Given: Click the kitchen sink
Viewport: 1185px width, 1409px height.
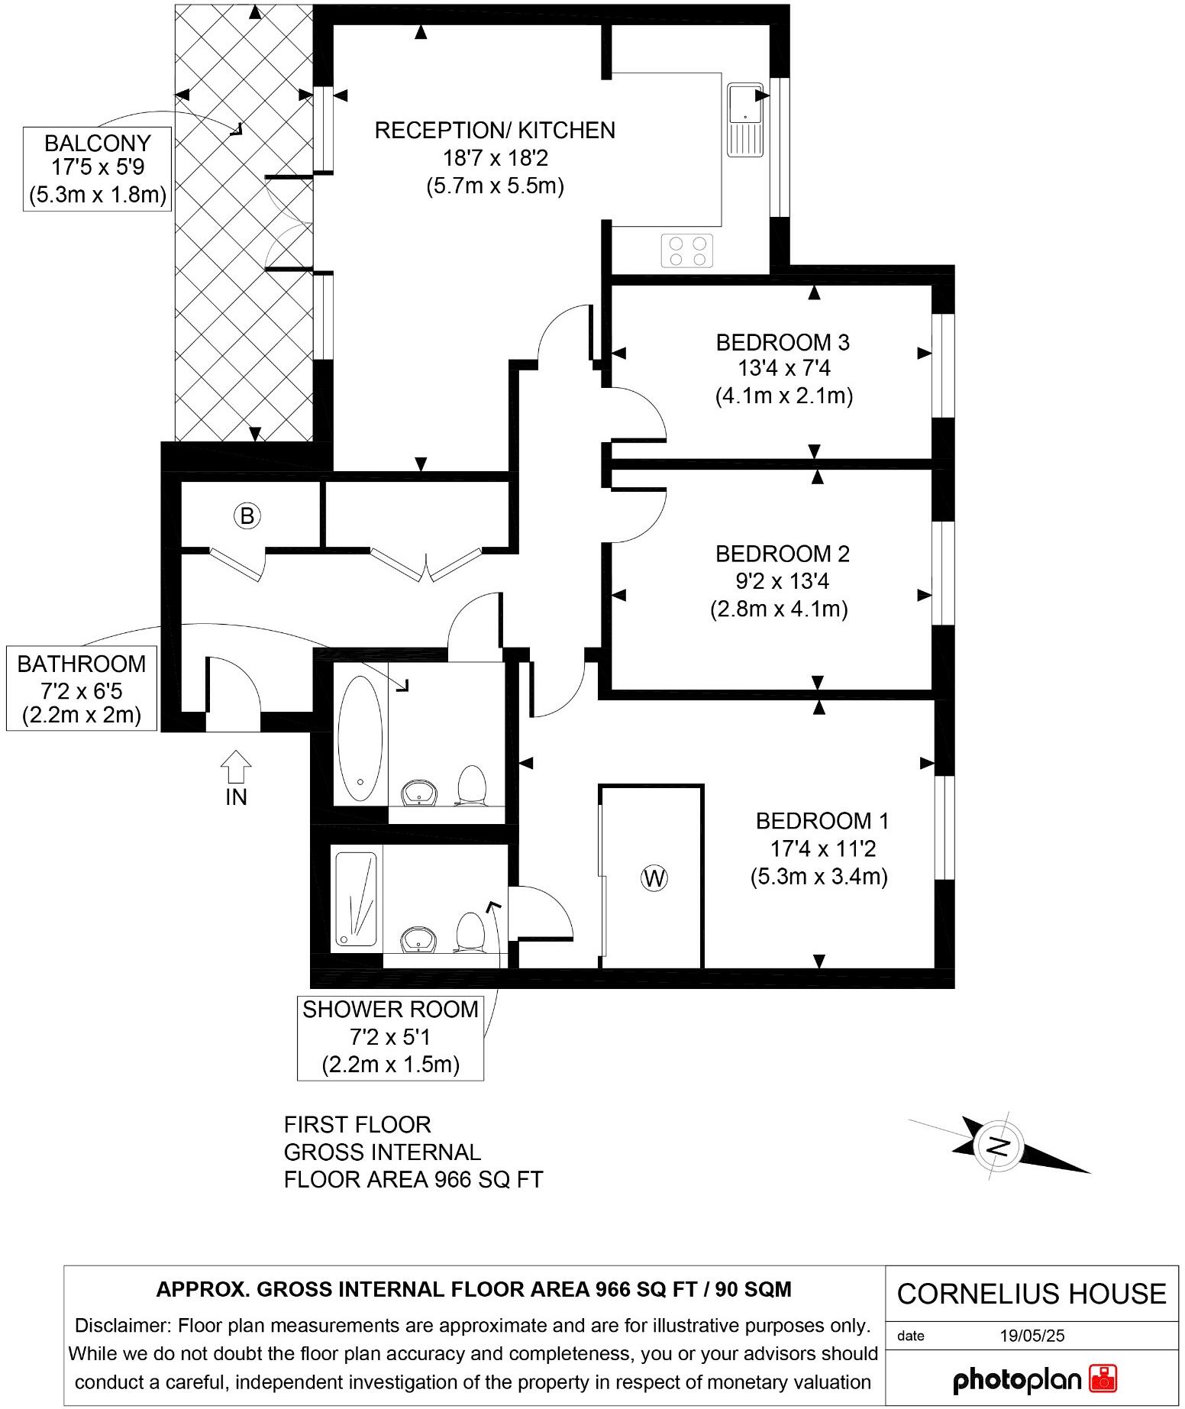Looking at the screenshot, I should pyautogui.click(x=745, y=118).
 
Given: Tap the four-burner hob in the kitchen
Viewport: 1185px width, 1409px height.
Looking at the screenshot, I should pyautogui.click(x=687, y=250).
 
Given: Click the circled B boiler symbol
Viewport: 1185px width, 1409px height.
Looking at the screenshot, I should pyautogui.click(x=247, y=516).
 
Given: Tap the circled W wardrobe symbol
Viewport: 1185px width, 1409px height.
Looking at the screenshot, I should pyautogui.click(x=654, y=878).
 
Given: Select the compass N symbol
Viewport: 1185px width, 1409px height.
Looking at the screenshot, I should pyautogui.click(x=998, y=1146).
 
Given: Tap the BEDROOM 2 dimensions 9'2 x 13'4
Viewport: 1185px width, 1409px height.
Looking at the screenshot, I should pyautogui.click(x=782, y=581).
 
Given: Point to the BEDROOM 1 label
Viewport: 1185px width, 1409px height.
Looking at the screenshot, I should pyautogui.click(x=822, y=821).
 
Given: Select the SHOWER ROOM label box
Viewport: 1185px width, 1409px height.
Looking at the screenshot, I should pyautogui.click(x=390, y=1037).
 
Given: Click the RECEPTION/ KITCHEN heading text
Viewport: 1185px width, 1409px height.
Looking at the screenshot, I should pyautogui.click(x=495, y=131).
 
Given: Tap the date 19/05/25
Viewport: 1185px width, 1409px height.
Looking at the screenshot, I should pyautogui.click(x=1032, y=1336).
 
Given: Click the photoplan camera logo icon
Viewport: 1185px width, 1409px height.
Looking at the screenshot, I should pyautogui.click(x=1103, y=1378).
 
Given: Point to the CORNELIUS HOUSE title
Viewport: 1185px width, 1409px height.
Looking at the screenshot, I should pyautogui.click(x=1032, y=1294).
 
